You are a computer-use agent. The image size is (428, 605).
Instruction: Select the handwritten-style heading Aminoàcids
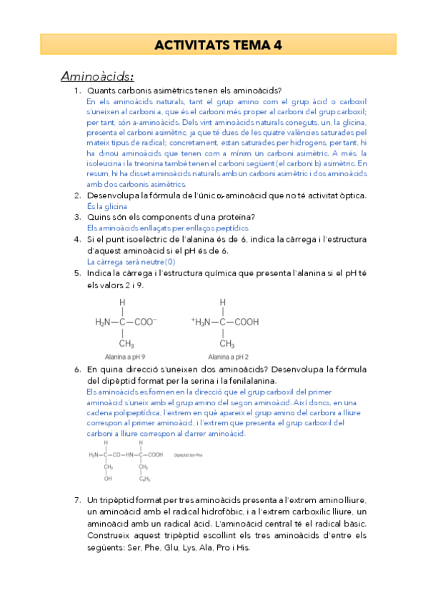(x=97, y=76)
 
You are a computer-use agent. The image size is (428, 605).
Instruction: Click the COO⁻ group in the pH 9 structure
(x=146, y=322)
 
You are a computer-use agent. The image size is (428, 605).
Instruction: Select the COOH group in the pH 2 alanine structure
(x=247, y=322)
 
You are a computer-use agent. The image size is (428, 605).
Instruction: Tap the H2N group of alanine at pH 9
(x=105, y=322)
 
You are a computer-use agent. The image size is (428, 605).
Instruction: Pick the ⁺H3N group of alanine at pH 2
(x=204, y=322)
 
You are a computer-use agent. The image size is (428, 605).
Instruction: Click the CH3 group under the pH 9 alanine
(x=126, y=344)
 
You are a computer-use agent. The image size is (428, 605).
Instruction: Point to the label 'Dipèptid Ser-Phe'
(x=189, y=454)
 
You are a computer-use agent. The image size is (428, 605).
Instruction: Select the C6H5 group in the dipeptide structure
(x=144, y=479)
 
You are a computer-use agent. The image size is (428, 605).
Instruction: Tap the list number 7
(x=77, y=502)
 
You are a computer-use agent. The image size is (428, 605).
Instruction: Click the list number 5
(x=77, y=273)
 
